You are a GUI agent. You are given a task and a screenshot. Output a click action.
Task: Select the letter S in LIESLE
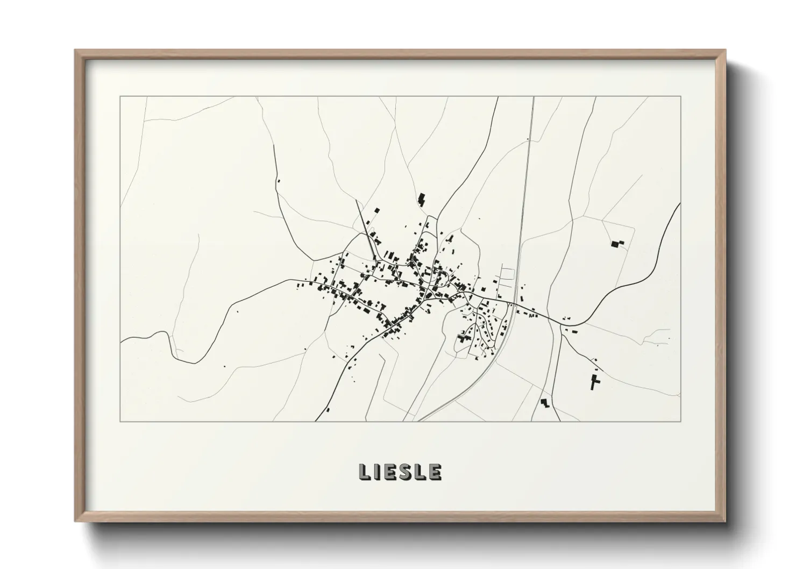(x=408, y=472)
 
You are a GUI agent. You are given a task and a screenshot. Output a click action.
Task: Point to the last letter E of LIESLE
(x=435, y=472)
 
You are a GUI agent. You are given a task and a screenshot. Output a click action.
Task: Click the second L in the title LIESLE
(x=422, y=472)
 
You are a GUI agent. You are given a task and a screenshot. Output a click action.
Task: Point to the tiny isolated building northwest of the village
(x=279, y=181)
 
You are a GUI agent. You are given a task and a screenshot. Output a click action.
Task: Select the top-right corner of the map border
(x=680, y=96)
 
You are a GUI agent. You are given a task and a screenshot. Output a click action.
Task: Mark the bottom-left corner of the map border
(x=120, y=421)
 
